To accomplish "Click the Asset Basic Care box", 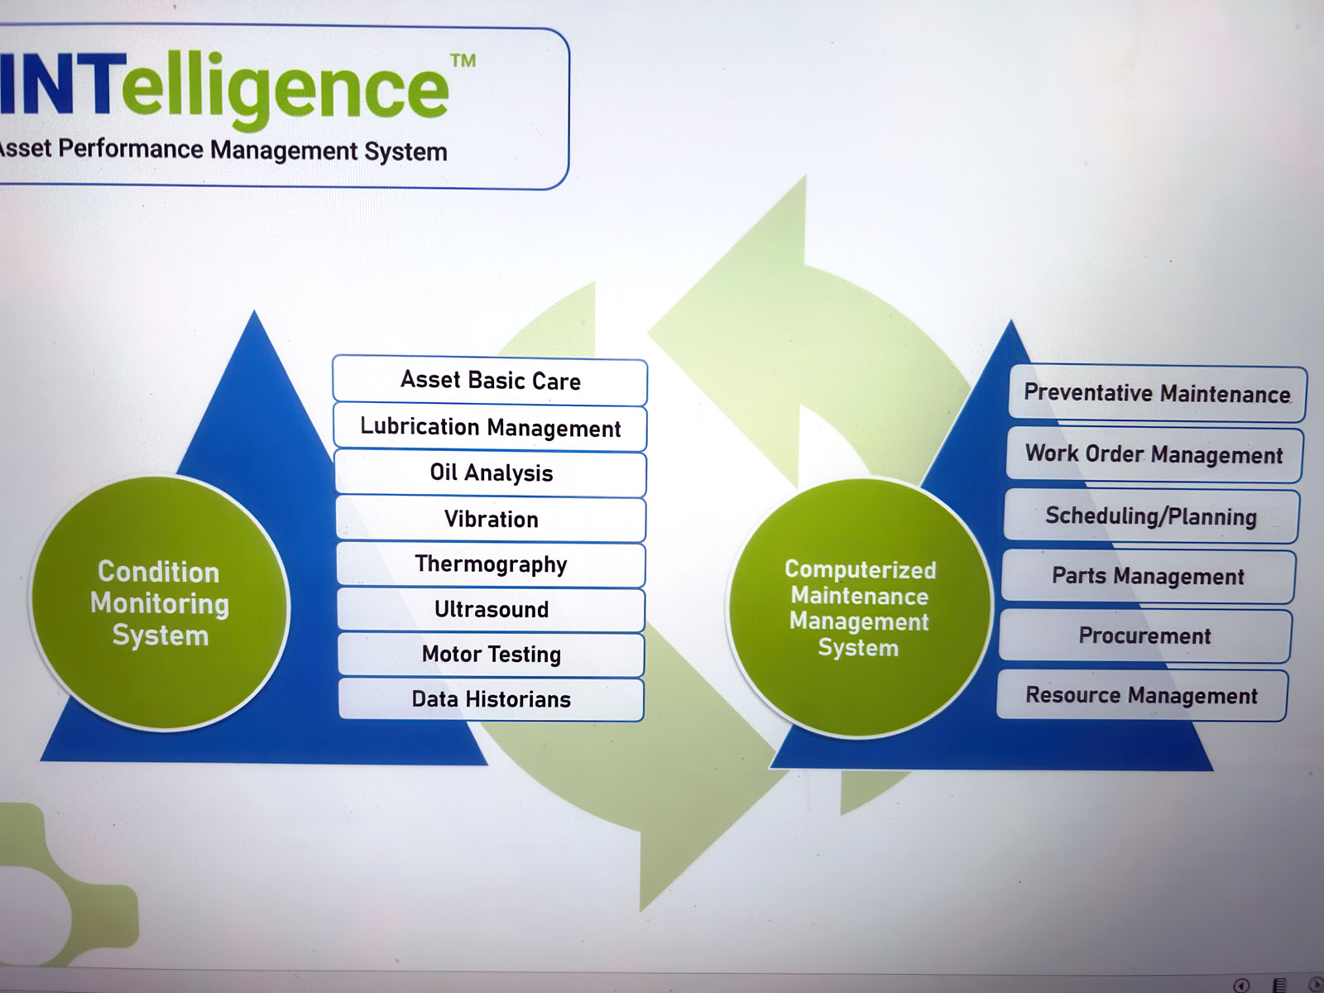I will [x=490, y=381].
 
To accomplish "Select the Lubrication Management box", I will [x=490, y=427].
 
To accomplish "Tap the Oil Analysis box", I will [x=491, y=473].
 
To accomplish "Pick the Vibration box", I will [x=491, y=520].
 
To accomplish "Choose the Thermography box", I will [x=491, y=564].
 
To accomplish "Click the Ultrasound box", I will [x=491, y=610].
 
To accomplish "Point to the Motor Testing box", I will [x=491, y=655].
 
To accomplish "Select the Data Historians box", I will [x=491, y=699].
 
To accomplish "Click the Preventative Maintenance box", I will [x=1157, y=393].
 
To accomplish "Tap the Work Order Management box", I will [x=1154, y=454].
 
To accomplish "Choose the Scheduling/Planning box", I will [x=1150, y=516].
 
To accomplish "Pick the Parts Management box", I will [x=1148, y=576].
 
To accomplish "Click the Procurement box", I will [x=1144, y=636].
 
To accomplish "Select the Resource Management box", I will [x=1141, y=695].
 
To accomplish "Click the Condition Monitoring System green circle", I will [x=159, y=603].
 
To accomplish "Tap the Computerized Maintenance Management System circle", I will [x=859, y=608].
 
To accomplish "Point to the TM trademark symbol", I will [x=463, y=60].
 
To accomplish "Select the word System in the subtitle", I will [x=405, y=151].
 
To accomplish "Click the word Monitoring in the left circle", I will [x=160, y=603].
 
